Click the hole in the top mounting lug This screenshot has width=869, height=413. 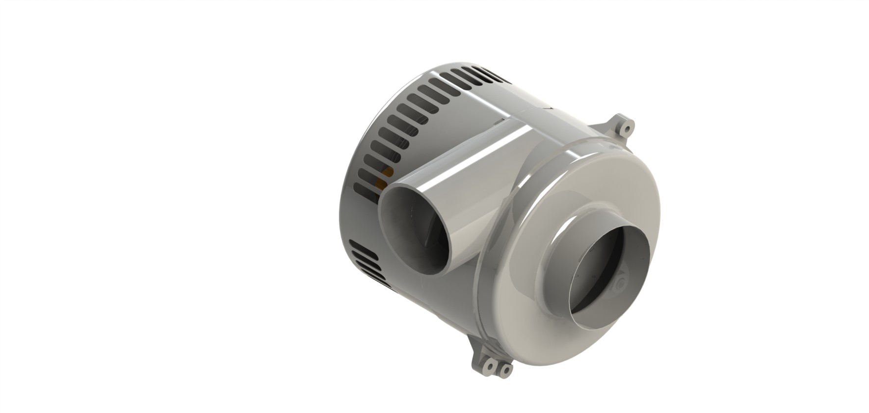(626, 129)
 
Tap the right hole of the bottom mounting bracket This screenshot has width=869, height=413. (503, 371)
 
